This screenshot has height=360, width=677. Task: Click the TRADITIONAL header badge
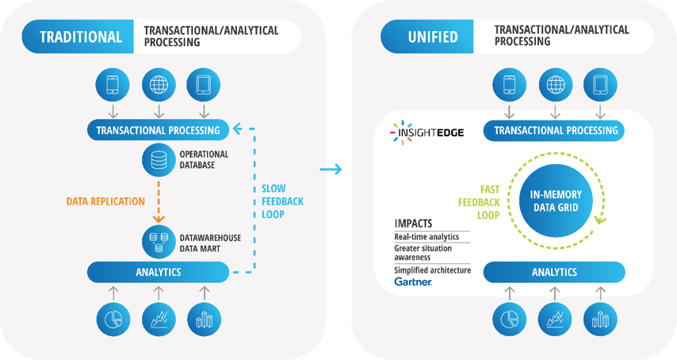pos(79,36)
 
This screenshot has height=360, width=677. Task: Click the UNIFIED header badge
pos(428,36)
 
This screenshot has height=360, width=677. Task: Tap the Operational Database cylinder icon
pos(158,160)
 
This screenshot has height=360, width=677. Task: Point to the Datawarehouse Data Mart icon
pos(158,239)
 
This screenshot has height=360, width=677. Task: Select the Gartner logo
pos(413,281)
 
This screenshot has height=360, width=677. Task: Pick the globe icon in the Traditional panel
pos(158,85)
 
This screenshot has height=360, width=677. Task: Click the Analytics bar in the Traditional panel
pos(158,273)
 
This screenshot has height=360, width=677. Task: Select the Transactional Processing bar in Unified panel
pos(554,131)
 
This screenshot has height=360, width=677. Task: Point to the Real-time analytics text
pos(426,236)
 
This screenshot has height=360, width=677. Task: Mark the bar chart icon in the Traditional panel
pos(204,319)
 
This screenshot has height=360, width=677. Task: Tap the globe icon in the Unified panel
pos(554,85)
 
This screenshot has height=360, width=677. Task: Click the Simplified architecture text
pos(432,270)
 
